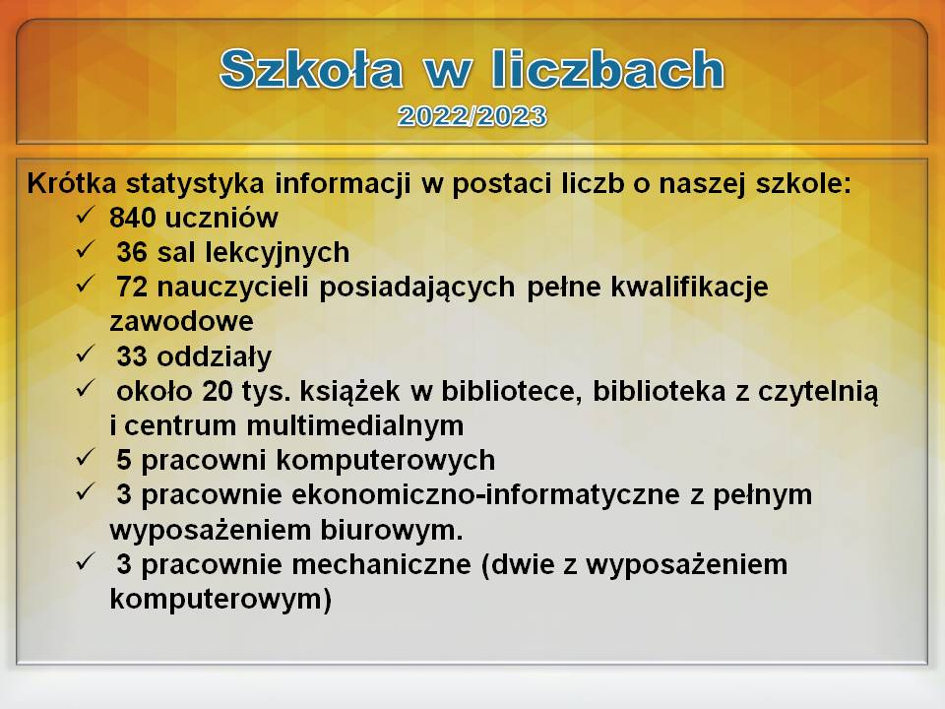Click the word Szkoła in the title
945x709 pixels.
coord(311,69)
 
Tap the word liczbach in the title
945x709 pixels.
coord(607,69)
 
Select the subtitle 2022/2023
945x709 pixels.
coord(472,116)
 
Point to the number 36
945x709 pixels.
coord(132,252)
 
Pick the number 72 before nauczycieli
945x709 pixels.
coord(132,287)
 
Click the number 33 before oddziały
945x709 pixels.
coord(132,356)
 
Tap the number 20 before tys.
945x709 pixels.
coord(218,391)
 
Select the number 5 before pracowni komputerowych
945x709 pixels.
coord(124,460)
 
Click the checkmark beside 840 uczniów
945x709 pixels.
coord(86,215)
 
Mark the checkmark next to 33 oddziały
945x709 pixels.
coord(86,354)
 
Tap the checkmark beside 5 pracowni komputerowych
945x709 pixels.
coord(86,458)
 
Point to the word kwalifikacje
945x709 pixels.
coord(689,288)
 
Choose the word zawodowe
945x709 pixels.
coord(181,321)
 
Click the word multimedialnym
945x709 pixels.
coord(355,425)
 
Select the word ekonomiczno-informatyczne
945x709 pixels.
coord(485,495)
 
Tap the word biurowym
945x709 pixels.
coord(391,530)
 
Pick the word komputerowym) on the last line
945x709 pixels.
coord(220,600)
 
